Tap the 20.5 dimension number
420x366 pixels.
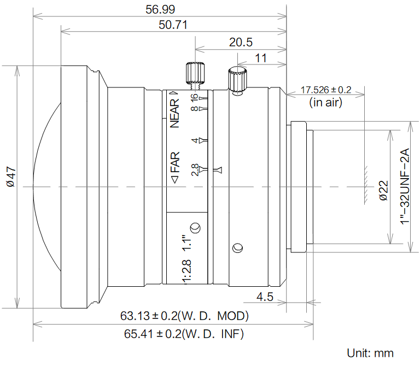pos(241,43)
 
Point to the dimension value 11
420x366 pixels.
pos(261,57)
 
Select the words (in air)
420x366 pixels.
pos(325,102)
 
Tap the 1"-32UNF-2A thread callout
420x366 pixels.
pos(405,186)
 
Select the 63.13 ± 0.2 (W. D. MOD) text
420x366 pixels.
pos(184,316)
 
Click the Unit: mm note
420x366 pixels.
pos(370,353)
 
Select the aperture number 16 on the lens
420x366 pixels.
pos(194,97)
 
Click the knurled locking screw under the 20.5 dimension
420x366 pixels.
pos(195,73)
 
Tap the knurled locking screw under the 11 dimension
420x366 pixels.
pos(237,80)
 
